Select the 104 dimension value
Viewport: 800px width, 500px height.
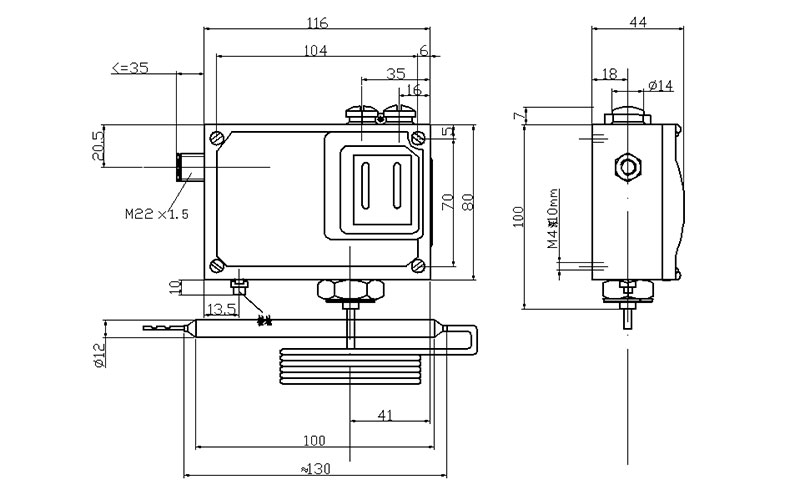tap(316, 50)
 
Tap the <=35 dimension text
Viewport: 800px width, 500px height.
tap(130, 68)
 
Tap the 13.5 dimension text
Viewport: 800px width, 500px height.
tap(220, 309)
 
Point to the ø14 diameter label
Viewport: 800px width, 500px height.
tap(661, 86)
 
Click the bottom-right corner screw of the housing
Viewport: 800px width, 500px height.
tap(420, 266)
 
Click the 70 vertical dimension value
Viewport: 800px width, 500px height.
tap(448, 200)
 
